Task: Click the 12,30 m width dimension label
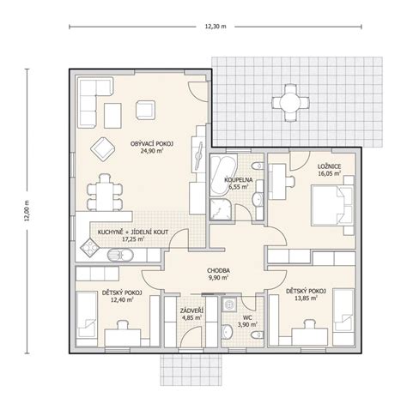tap(216, 27)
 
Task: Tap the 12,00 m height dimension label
tap(27, 211)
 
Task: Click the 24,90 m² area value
tap(152, 151)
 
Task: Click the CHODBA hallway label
tap(218, 270)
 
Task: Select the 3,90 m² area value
tap(246, 324)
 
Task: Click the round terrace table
tap(290, 103)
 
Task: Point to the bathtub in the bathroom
tap(224, 175)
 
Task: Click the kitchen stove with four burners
tap(89, 247)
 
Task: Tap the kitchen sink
tap(120, 255)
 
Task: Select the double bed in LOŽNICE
tap(332, 205)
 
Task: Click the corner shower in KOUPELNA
tap(221, 209)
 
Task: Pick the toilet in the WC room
tap(257, 335)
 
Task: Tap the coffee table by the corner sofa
tap(112, 116)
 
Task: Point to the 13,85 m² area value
tap(307, 298)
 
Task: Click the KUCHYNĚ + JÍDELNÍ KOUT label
tap(133, 232)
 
